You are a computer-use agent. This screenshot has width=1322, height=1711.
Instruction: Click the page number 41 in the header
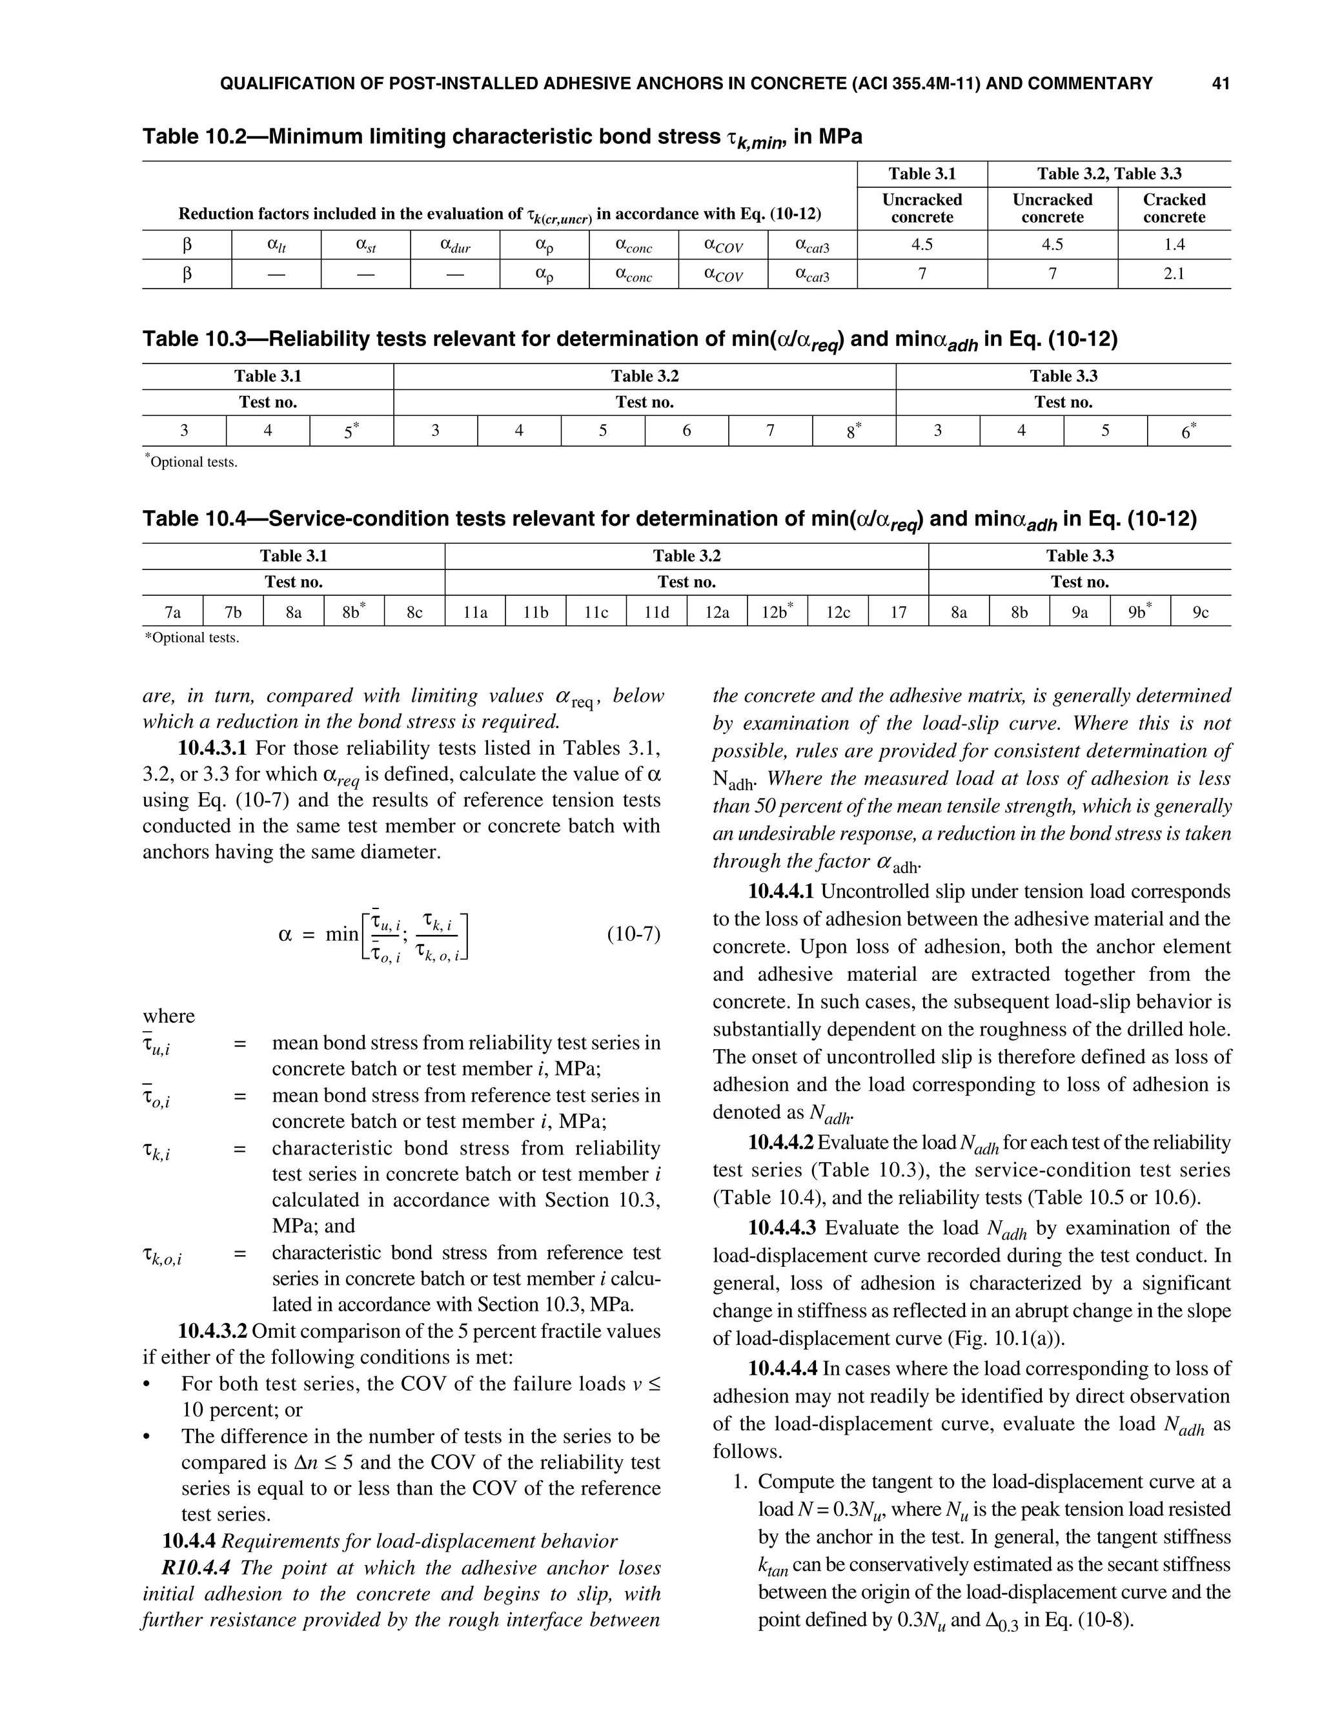1220,84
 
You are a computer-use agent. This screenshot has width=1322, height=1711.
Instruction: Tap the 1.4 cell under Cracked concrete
1174,245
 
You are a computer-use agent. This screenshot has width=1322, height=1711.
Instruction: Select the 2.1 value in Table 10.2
1174,274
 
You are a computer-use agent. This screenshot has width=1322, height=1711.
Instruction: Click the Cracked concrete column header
1174,209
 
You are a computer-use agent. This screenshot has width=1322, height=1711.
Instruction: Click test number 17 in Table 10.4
899,613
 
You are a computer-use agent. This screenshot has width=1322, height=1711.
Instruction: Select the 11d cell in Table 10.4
656,613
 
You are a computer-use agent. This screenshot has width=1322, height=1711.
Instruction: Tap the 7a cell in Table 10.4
172,613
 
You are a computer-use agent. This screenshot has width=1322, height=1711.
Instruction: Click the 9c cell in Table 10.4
1201,613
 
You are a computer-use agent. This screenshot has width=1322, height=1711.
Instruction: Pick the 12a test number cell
717,613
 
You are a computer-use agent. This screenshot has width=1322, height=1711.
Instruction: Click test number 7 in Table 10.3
770,430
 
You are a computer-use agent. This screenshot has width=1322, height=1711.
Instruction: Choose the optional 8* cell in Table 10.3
853,430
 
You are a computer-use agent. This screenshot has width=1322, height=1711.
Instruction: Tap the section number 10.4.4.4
782,1369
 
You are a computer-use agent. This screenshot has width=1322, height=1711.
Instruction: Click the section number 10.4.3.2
212,1331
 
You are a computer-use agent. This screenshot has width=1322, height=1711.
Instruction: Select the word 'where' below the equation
168,1016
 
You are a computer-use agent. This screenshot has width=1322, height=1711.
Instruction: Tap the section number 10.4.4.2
782,1142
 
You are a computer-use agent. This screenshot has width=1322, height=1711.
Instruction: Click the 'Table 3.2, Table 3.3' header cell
1108,174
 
